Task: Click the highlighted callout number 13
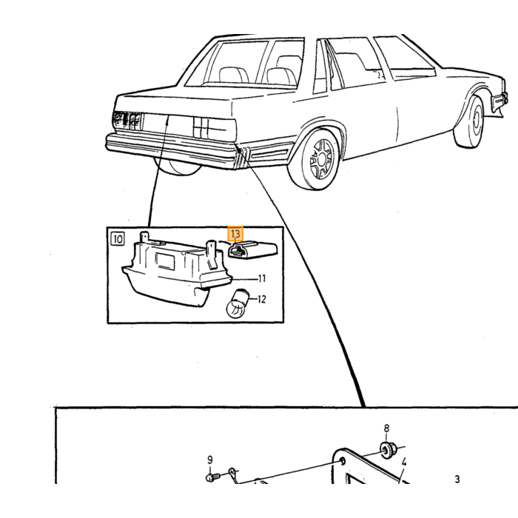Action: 235,234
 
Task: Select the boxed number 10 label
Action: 118,238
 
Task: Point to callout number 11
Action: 261,279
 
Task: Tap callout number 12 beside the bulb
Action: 261,299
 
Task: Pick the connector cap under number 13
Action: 253,250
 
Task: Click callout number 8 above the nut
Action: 386,428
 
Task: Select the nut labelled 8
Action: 386,450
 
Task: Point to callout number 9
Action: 209,460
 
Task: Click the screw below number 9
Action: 212,477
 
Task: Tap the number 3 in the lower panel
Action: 457,479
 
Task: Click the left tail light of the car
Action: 127,121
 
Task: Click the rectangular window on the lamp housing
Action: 164,260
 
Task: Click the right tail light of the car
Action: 215,128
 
